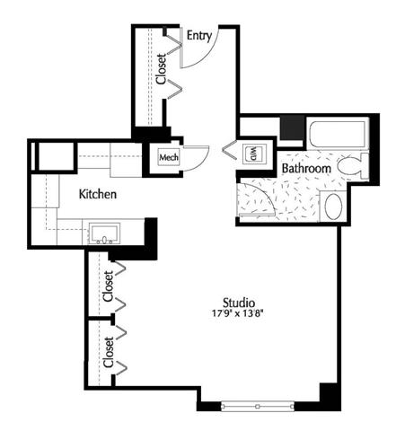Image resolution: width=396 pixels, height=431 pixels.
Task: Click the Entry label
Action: (x=199, y=36)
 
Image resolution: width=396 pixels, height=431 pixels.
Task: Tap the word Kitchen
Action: (x=98, y=194)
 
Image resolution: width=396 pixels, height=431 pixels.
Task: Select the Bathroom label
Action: (x=306, y=169)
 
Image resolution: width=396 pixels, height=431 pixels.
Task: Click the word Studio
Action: (x=239, y=303)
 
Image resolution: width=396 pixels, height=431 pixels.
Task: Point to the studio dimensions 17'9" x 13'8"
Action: (x=237, y=313)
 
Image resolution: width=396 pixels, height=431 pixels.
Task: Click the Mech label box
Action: (x=169, y=157)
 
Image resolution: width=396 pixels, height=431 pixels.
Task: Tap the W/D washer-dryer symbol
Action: (x=254, y=154)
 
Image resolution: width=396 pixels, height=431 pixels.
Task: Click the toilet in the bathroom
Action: (x=353, y=166)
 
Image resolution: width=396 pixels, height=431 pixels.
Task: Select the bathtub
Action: (x=338, y=133)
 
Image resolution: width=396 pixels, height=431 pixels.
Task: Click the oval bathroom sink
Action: (x=333, y=206)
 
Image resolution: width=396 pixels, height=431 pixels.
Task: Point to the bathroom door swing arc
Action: (x=261, y=195)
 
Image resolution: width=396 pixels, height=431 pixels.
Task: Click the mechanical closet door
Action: (x=196, y=158)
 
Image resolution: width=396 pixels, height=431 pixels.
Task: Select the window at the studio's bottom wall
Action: (x=258, y=406)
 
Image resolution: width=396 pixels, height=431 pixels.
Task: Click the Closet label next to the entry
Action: (x=161, y=68)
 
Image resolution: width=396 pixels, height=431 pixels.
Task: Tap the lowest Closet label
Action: (x=109, y=352)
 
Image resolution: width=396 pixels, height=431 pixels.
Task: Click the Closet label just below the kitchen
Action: (x=108, y=286)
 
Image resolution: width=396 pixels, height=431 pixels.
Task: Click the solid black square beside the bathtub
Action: (x=293, y=128)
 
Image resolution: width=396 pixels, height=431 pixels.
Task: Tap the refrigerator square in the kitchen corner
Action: (x=57, y=157)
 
